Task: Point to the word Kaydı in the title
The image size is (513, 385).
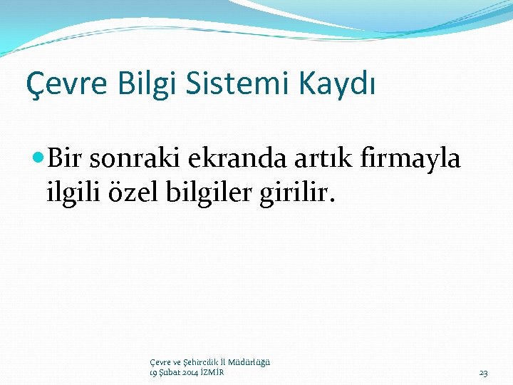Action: coord(336,85)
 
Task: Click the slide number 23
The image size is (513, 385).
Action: coord(483,372)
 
